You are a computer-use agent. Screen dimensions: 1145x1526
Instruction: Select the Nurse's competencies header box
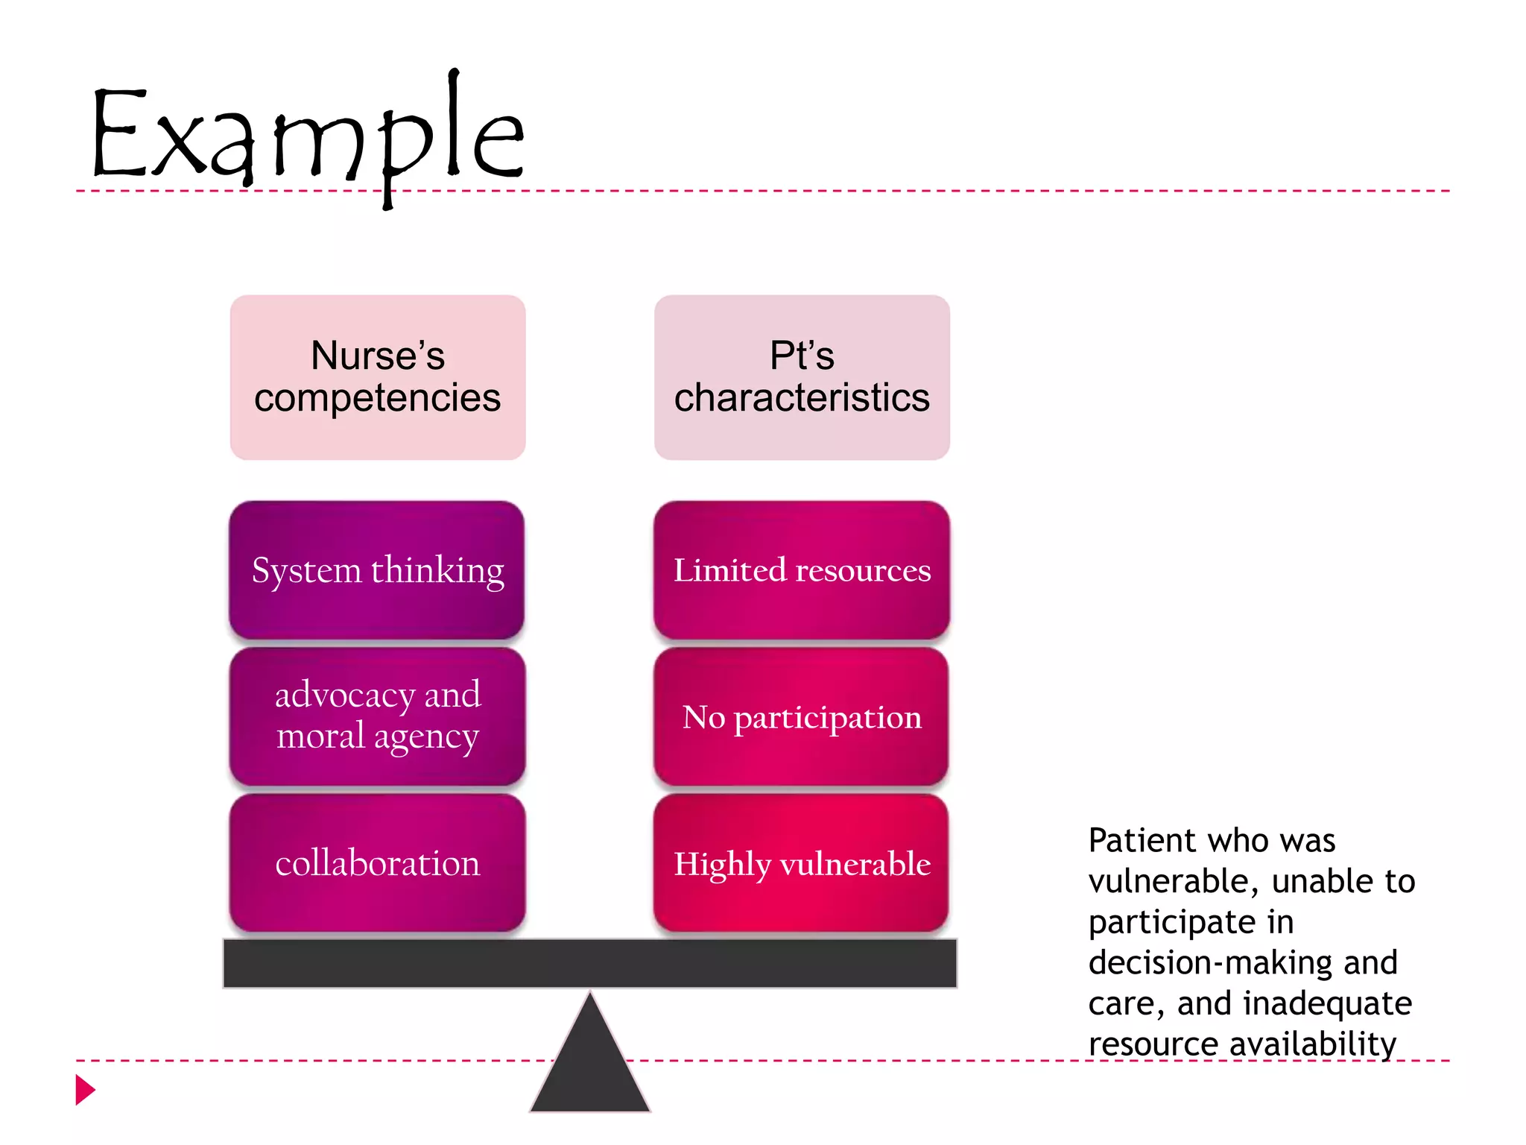378,377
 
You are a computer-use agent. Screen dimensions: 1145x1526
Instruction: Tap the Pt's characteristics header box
802,377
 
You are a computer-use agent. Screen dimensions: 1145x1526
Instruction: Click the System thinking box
377,570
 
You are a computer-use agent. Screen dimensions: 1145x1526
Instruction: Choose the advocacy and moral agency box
378,716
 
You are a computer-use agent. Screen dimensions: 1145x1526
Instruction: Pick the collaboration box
378,863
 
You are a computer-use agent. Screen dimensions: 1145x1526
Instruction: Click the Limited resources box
802,570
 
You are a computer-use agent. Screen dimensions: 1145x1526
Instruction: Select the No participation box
802,716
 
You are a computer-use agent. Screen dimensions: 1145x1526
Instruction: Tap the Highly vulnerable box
802,863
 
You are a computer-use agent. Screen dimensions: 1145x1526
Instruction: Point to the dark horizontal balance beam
589,963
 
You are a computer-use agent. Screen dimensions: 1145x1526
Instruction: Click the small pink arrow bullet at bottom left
85,1090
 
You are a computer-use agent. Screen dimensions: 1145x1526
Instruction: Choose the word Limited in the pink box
729,570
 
